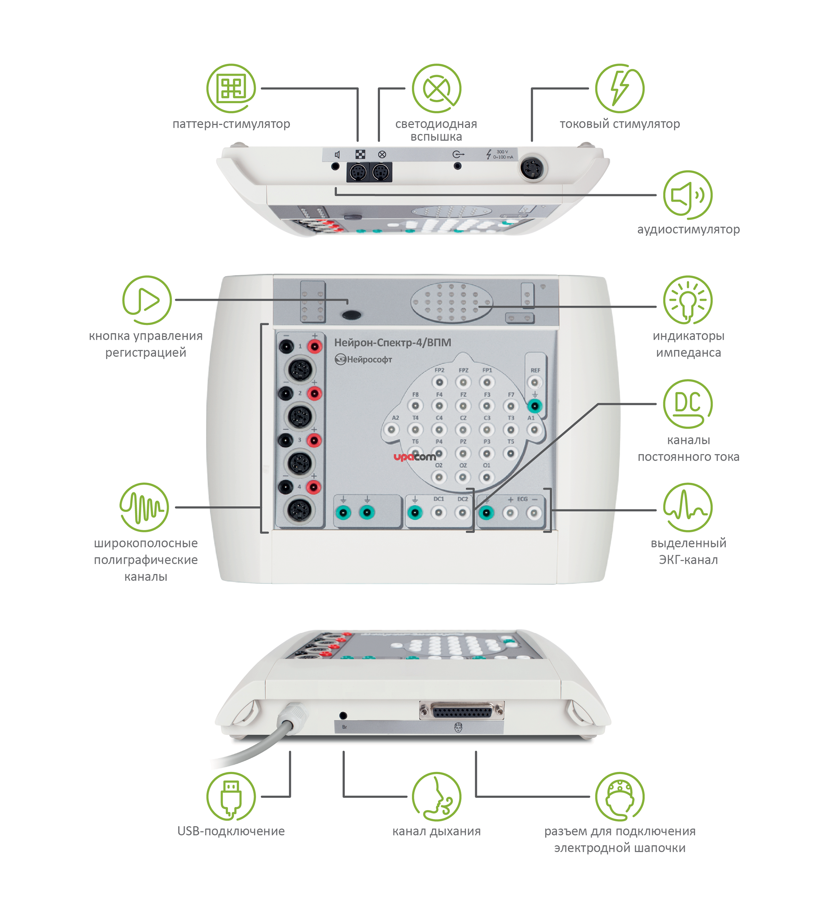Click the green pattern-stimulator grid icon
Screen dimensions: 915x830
tap(231, 88)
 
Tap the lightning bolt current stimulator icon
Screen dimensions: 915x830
tap(620, 88)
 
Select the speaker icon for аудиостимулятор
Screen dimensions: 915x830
tap(688, 195)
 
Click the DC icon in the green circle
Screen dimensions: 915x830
tap(688, 403)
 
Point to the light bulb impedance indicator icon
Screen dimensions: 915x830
tap(688, 300)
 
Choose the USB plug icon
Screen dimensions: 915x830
tap(231, 796)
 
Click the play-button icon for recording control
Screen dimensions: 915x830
tap(147, 300)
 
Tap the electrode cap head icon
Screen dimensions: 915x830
tap(620, 796)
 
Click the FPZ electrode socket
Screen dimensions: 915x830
tap(463, 382)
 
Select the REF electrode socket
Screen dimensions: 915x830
tap(535, 382)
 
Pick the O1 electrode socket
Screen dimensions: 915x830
tap(486, 477)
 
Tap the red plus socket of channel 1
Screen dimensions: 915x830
tap(315, 347)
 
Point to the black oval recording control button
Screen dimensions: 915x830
tap(351, 314)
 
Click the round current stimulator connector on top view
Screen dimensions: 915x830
tap(533, 168)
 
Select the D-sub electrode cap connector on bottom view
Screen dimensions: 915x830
tap(462, 711)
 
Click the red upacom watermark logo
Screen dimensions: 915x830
tap(414, 457)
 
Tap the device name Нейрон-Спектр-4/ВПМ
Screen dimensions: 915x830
tap(393, 343)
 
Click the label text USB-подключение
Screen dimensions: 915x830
tap(231, 831)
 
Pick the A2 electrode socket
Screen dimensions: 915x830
tap(391, 429)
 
